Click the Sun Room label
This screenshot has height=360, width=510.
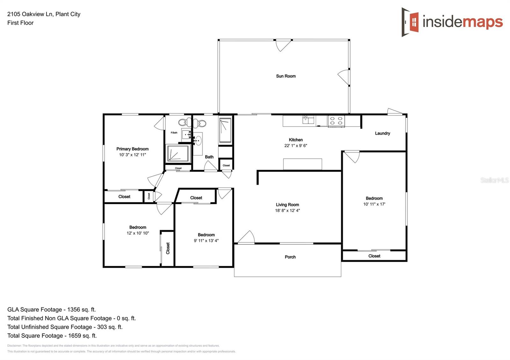pyautogui.click(x=286, y=76)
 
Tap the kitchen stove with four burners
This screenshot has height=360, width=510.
pyautogui.click(x=336, y=121)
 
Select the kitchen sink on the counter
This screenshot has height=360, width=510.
pyautogui.click(x=308, y=120)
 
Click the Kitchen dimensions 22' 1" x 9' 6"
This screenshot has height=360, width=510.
pyautogui.click(x=295, y=146)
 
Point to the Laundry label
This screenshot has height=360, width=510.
pyautogui.click(x=382, y=133)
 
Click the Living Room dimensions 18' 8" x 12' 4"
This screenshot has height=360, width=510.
pyautogui.click(x=287, y=211)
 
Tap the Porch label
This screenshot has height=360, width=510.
pyautogui.click(x=290, y=257)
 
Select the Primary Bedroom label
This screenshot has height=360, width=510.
pyautogui.click(x=132, y=149)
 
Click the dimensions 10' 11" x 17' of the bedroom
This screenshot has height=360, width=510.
pyautogui.click(x=374, y=204)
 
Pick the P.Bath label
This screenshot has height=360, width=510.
pyautogui.click(x=174, y=133)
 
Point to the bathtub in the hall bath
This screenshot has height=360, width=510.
pyautogui.click(x=225, y=130)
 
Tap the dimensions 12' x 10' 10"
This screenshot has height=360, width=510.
pyautogui.click(x=138, y=233)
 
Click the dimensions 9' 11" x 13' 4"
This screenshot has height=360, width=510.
pyautogui.click(x=206, y=241)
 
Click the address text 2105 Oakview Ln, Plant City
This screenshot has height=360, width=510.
pyautogui.click(x=44, y=14)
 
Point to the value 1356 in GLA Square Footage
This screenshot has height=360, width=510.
pyautogui.click(x=74, y=309)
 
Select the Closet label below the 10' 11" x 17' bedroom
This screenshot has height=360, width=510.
pyautogui.click(x=374, y=256)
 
